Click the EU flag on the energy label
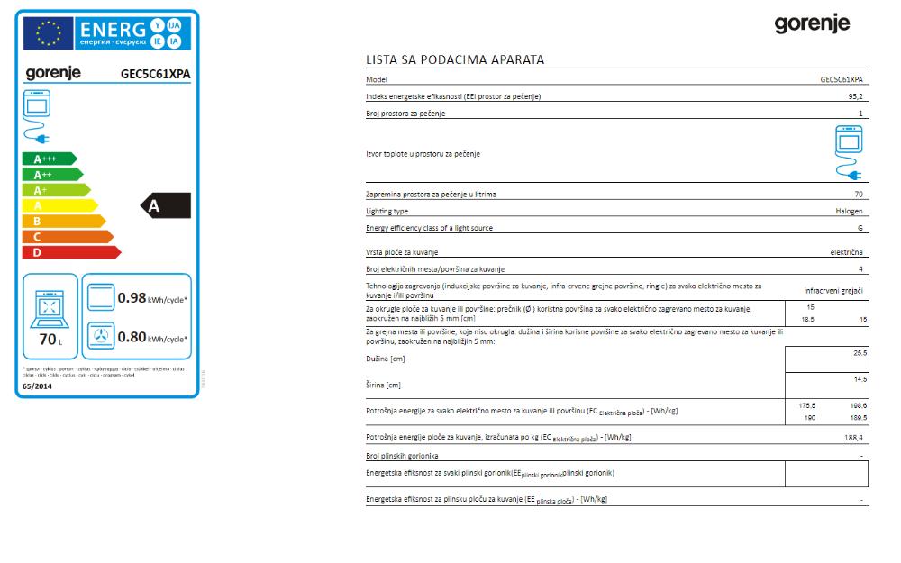pos(48,33)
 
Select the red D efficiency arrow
pos(68,252)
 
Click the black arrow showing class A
pos(167,206)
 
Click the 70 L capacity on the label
pos(49,341)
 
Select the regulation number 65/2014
pos(37,386)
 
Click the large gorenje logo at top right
pos(812,24)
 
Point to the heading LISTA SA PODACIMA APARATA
pos(455,60)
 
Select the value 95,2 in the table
pos(855,96)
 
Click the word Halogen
pos(849,212)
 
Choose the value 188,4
pos(853,438)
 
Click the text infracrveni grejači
pos(833,291)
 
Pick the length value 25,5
pos(860,353)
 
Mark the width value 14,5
pos(860,380)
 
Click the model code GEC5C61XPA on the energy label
pos(155,75)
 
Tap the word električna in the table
pos(846,253)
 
